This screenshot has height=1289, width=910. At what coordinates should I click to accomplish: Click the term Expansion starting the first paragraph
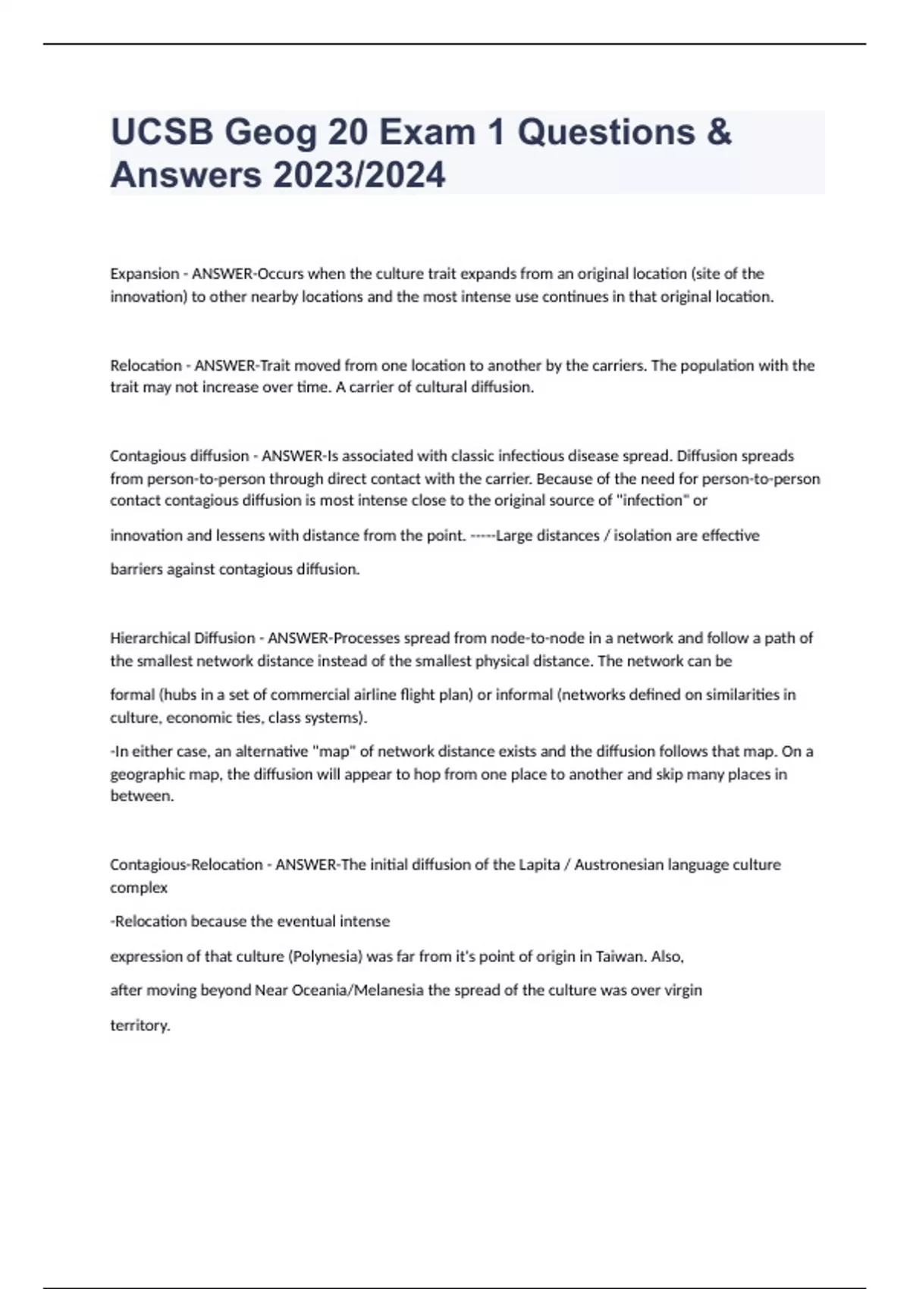[144, 274]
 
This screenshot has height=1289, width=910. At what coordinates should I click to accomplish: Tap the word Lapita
[539, 865]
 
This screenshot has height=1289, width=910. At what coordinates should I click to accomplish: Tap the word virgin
[682, 990]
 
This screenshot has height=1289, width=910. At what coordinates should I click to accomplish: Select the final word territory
[140, 1026]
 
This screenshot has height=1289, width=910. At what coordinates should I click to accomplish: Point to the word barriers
[136, 569]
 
